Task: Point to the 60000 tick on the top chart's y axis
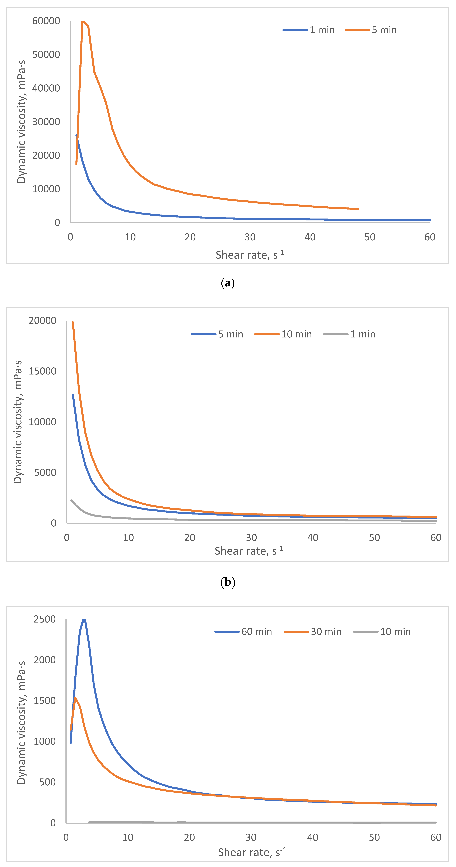pyautogui.click(x=46, y=21)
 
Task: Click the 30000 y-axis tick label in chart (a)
pyautogui.click(x=46, y=122)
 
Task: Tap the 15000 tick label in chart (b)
pyautogui.click(x=42, y=371)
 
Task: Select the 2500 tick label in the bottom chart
pyautogui.click(x=45, y=619)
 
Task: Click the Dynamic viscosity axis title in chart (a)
pyautogui.click(x=21, y=122)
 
